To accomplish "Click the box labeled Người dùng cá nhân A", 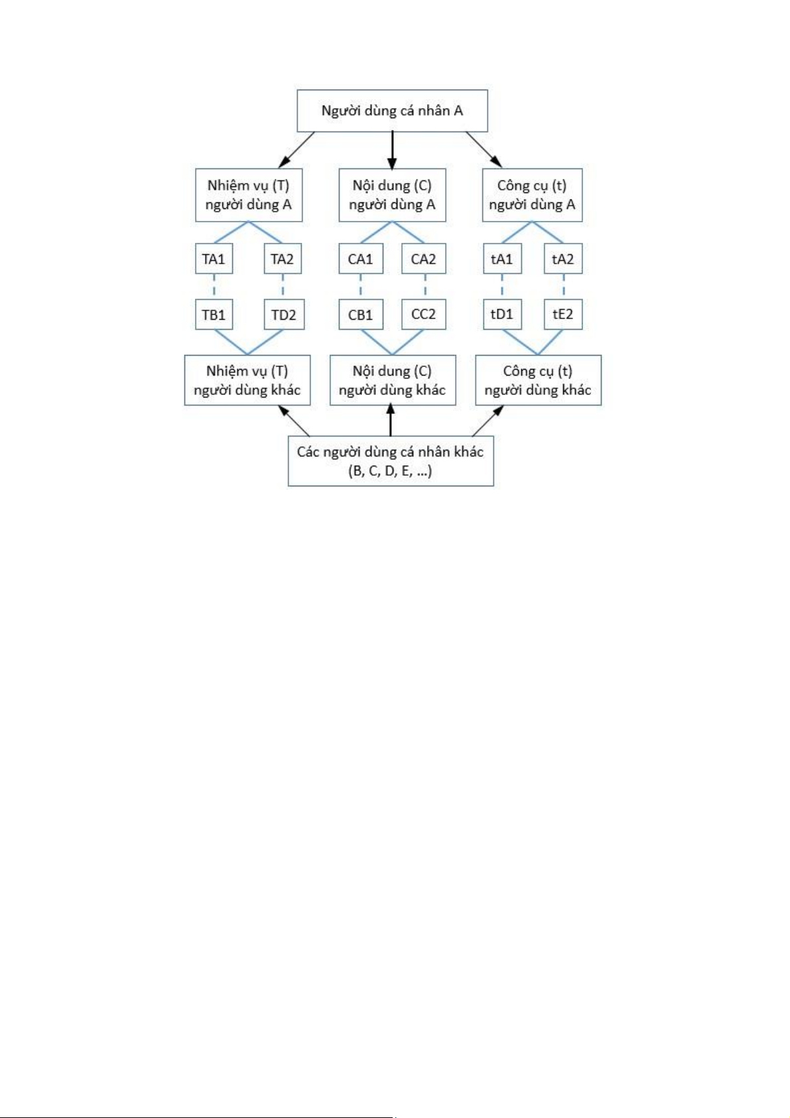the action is [x=392, y=110].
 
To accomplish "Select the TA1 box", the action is [x=214, y=259].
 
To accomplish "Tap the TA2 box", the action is [x=283, y=259].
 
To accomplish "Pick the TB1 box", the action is [x=214, y=314].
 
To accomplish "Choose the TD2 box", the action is [x=283, y=314].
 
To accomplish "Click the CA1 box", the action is [x=361, y=259].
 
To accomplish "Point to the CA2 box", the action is [x=424, y=259].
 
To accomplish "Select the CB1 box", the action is [x=361, y=314].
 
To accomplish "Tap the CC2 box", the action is [x=424, y=314].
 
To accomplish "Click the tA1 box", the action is [x=502, y=259].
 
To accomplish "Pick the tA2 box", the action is [x=563, y=259].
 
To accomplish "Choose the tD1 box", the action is [x=502, y=314].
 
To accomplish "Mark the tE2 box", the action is [x=563, y=314].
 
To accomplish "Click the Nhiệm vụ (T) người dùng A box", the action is [x=249, y=195].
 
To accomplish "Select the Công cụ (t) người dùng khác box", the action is [x=538, y=380].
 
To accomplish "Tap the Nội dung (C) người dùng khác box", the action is [x=393, y=380].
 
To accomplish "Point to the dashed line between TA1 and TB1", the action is [x=214, y=287].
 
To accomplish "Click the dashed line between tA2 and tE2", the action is [x=563, y=287].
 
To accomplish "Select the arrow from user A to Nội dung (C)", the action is [x=392, y=150].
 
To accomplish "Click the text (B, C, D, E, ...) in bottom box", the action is [x=390, y=470].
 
